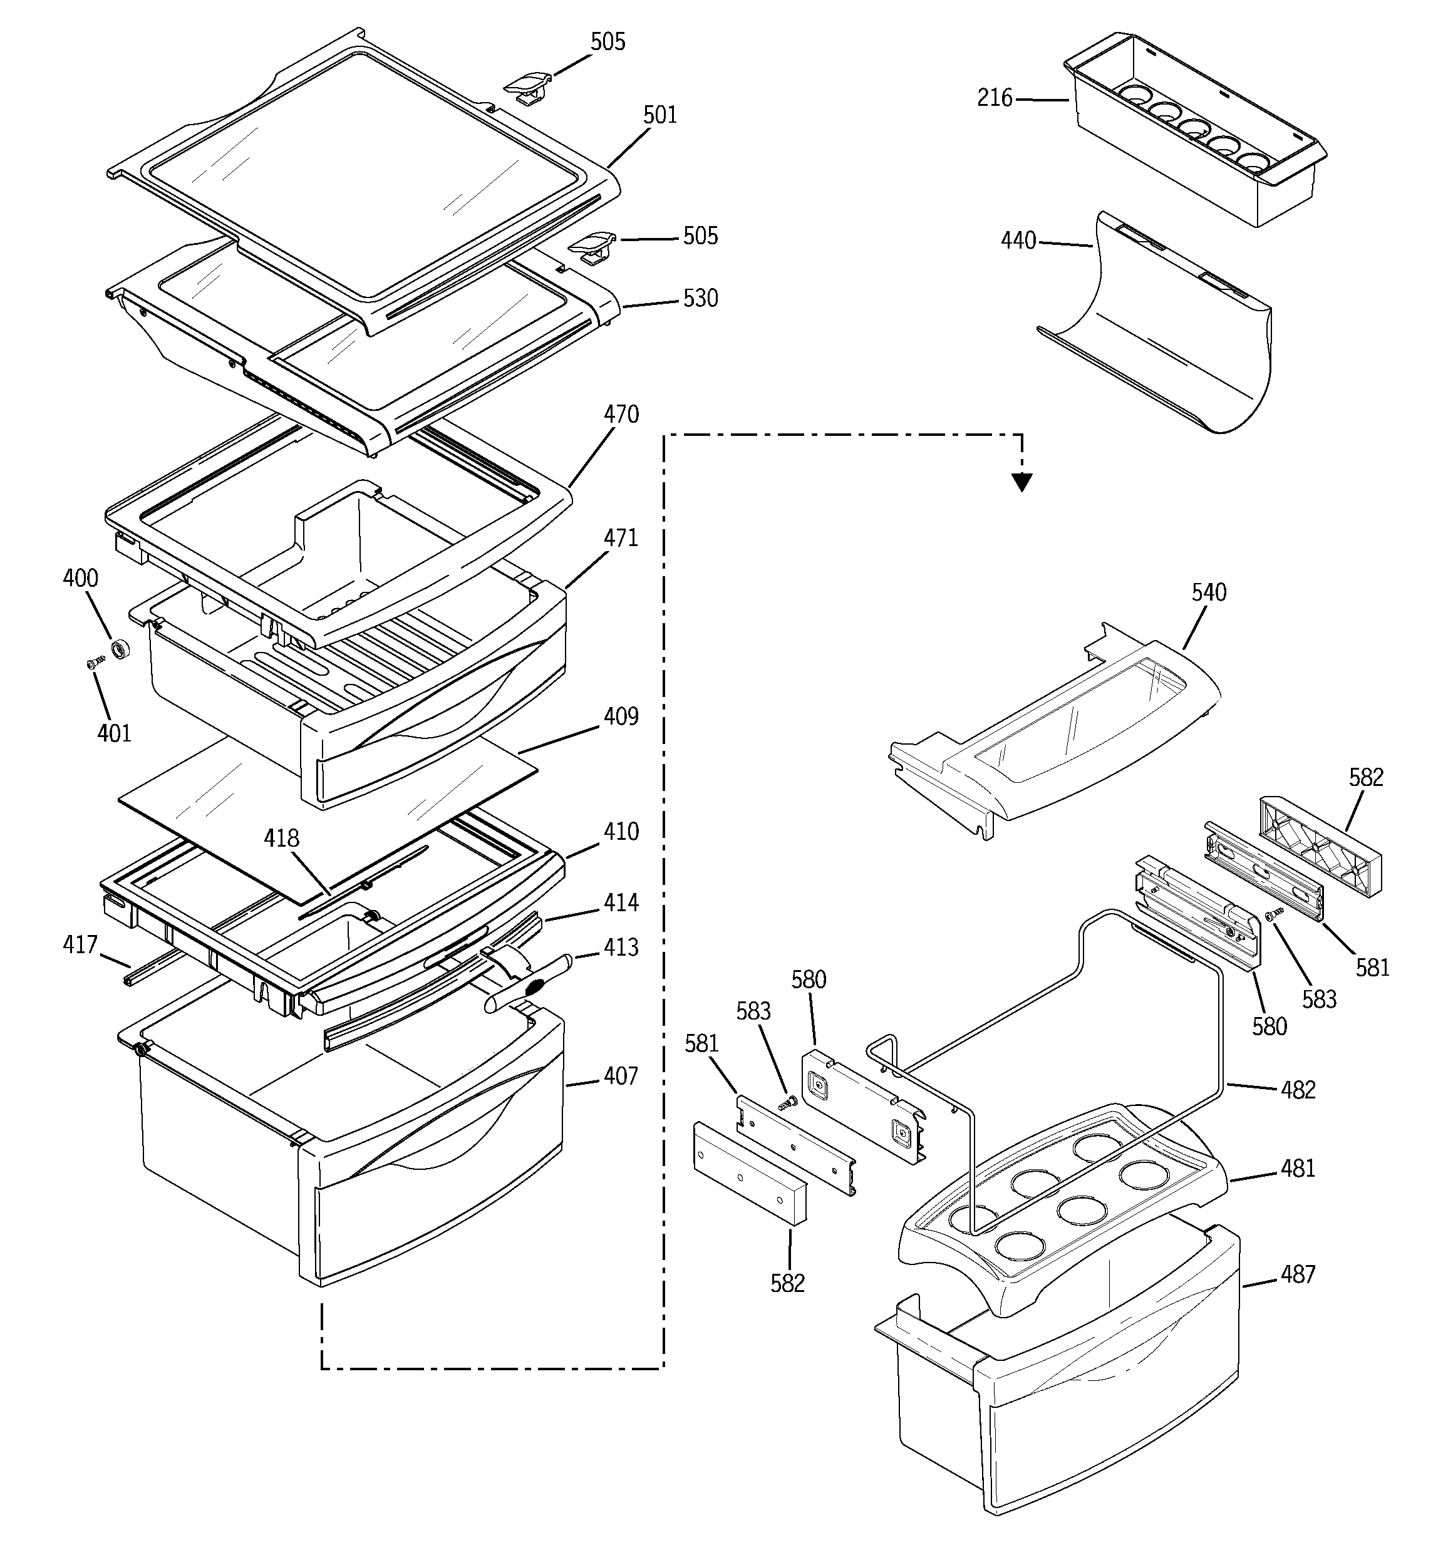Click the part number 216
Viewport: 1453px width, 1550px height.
coord(995,98)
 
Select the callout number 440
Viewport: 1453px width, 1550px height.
coord(1018,241)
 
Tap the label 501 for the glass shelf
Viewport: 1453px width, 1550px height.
coord(660,115)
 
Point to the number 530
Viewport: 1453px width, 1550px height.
coord(700,299)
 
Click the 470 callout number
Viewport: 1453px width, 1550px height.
coord(621,414)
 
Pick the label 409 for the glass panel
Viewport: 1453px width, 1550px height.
coord(621,716)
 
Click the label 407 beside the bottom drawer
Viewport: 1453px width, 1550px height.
coord(621,1077)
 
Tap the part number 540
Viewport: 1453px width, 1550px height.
coord(1209,592)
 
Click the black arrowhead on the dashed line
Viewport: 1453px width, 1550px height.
coord(1021,483)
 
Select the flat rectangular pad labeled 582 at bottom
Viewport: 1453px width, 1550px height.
coord(748,1174)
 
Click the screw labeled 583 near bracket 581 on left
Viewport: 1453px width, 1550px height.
coord(788,1102)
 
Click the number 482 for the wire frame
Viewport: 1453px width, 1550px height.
coord(1298,1090)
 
